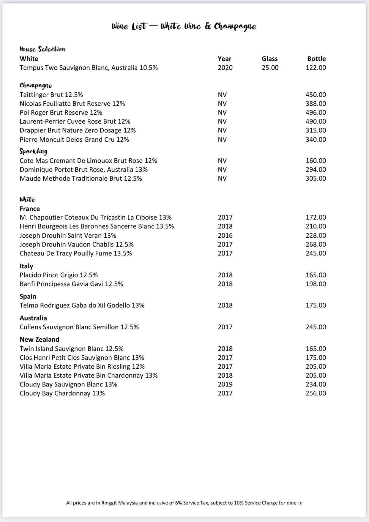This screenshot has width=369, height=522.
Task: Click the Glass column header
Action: (x=269, y=59)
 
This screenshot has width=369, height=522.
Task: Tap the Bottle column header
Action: (x=316, y=59)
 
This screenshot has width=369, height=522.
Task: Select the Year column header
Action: (x=224, y=59)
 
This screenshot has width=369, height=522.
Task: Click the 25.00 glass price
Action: (x=270, y=67)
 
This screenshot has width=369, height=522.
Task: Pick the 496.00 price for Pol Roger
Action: (x=316, y=112)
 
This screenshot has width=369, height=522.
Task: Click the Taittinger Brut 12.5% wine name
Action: (x=51, y=94)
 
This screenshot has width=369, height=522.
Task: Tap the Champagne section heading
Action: (x=36, y=86)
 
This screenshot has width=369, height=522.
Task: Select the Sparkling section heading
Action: (x=33, y=151)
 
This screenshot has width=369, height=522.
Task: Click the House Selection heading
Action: (x=42, y=49)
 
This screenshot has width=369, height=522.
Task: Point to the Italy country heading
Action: (x=26, y=266)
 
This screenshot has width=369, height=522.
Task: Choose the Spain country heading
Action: (x=28, y=296)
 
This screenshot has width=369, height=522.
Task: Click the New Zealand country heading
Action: (x=39, y=339)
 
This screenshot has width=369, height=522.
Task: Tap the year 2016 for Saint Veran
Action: (x=225, y=235)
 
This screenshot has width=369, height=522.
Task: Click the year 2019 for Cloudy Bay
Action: (x=225, y=384)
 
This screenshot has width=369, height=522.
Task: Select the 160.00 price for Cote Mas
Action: (x=316, y=160)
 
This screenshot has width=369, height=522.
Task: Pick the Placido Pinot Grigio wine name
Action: (x=59, y=275)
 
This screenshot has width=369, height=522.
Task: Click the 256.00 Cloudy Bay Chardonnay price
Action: (x=316, y=393)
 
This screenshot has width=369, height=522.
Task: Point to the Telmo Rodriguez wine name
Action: (x=82, y=305)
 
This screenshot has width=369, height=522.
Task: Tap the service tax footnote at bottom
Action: (x=184, y=503)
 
